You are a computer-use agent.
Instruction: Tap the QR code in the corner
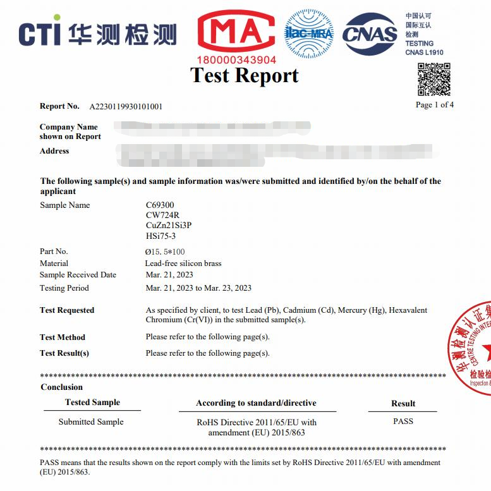434,79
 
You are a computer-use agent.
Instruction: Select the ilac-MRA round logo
309,32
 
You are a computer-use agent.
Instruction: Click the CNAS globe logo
370,33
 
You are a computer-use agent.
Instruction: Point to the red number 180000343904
236,60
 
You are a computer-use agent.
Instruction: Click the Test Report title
245,75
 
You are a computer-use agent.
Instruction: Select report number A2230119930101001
126,106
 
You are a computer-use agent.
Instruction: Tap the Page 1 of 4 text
435,105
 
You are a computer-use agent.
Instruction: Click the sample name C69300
159,205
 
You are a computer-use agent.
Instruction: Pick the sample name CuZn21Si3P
168,226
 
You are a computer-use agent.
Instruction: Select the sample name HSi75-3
161,236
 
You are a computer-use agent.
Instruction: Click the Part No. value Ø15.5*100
165,252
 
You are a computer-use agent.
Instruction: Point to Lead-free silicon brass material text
183,263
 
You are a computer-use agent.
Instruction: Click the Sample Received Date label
78,275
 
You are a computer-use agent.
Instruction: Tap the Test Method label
62,337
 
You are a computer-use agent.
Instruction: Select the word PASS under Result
403,421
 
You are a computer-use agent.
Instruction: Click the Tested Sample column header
92,403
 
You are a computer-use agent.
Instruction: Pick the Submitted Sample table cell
91,421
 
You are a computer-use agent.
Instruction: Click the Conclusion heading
62,387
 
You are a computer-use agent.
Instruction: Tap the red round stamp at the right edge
473,348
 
